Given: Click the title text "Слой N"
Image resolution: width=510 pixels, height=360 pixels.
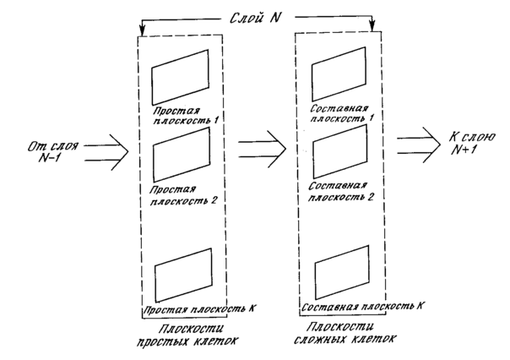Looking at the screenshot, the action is [255, 18].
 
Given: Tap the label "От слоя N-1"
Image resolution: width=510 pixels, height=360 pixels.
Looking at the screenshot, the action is [52, 151].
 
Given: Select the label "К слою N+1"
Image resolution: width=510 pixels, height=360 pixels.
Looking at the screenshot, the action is [472, 143].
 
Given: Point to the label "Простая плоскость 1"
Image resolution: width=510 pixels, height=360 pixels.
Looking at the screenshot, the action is [186, 116].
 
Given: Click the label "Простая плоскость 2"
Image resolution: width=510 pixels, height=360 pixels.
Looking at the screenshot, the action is [182, 195].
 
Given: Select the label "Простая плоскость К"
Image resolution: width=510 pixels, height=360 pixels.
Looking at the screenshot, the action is [198, 309].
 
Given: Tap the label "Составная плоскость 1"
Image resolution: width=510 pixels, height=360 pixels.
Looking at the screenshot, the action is [341, 113].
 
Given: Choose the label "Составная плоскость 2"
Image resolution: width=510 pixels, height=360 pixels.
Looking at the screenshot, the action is [340, 192].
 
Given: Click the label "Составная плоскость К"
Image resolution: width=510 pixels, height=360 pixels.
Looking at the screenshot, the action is [363, 307].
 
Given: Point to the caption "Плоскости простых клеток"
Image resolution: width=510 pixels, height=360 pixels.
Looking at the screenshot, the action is [188, 335].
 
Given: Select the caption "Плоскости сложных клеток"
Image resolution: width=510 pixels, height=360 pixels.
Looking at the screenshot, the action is [345, 333].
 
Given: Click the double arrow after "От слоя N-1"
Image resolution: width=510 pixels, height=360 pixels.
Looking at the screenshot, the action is [106, 152].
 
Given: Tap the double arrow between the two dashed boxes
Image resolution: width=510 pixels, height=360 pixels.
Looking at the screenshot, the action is [262, 150].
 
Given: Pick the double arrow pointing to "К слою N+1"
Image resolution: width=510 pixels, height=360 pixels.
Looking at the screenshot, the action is [419, 145].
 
